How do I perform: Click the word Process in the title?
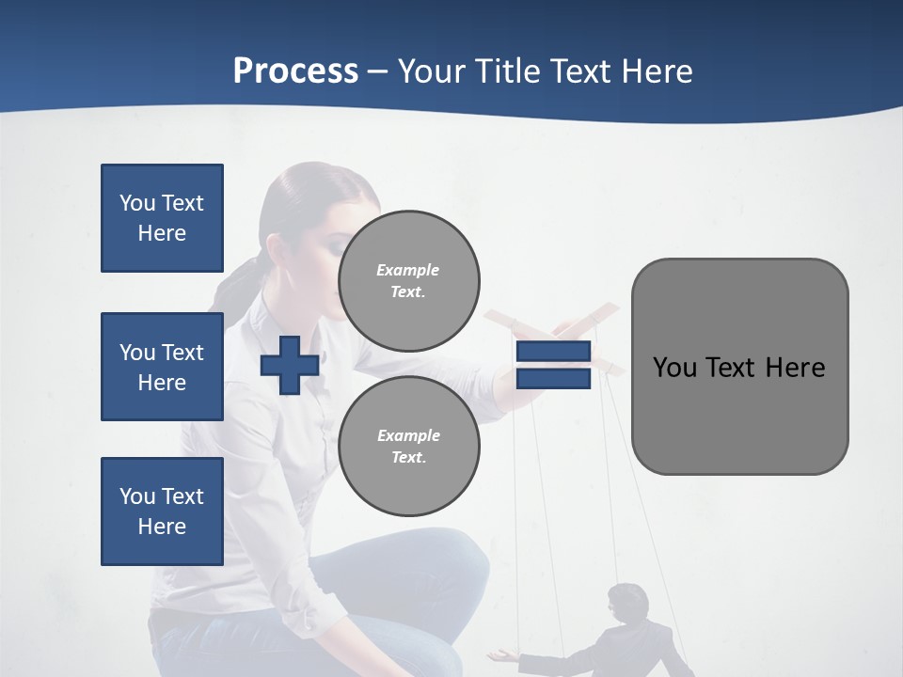[295, 71]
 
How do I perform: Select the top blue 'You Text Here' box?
[162, 218]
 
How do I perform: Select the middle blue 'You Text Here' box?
[162, 367]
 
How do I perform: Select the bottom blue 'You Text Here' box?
[162, 511]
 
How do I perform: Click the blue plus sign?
[290, 366]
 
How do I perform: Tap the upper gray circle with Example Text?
[409, 281]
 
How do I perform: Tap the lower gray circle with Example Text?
[409, 447]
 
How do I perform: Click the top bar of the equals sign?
[553, 352]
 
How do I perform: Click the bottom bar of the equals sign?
[553, 379]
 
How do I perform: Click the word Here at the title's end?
[657, 71]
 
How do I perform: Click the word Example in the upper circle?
[407, 270]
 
